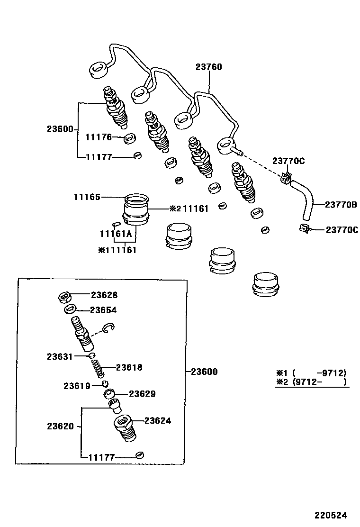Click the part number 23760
208,67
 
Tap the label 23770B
341,205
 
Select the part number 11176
99,137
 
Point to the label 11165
87,197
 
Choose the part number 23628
104,295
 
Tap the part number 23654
103,310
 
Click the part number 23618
129,367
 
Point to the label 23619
77,386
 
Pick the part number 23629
142,394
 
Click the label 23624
157,420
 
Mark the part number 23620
60,426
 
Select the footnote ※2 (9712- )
311,382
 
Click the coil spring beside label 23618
98,368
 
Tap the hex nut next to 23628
65,297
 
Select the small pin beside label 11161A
115,224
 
